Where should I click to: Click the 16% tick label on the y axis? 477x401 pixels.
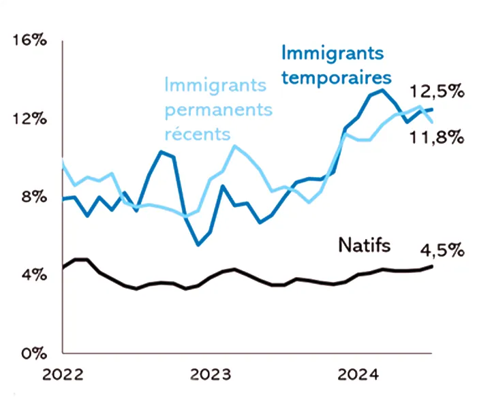tap(29, 40)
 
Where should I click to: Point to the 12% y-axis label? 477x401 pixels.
tap(29, 118)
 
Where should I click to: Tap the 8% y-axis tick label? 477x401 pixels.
tap(34, 197)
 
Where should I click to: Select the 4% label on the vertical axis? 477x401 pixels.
tap(34, 275)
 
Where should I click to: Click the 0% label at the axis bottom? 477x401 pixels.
tap(34, 353)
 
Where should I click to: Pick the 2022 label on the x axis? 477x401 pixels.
tap(63, 375)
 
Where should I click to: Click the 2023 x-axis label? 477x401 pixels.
tap(211, 375)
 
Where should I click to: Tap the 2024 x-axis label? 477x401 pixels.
tap(358, 375)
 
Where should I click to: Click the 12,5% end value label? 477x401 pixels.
tap(437, 91)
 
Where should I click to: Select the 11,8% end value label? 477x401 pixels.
tap(437, 138)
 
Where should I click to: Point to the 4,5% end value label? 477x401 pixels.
tap(442, 251)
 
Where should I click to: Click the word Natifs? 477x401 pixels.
tap(365, 245)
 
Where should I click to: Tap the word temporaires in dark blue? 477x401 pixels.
tap(337, 78)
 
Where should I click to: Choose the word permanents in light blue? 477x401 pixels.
tap(219, 110)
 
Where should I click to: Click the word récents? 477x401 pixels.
tap(198, 134)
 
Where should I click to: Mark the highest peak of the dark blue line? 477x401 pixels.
tap(382, 90)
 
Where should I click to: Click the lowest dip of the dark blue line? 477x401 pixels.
tap(198, 244)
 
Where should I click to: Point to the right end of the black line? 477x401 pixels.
tap(431, 266)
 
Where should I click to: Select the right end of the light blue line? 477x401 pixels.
tap(431, 123)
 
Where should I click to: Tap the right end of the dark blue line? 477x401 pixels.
tap(431, 109)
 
